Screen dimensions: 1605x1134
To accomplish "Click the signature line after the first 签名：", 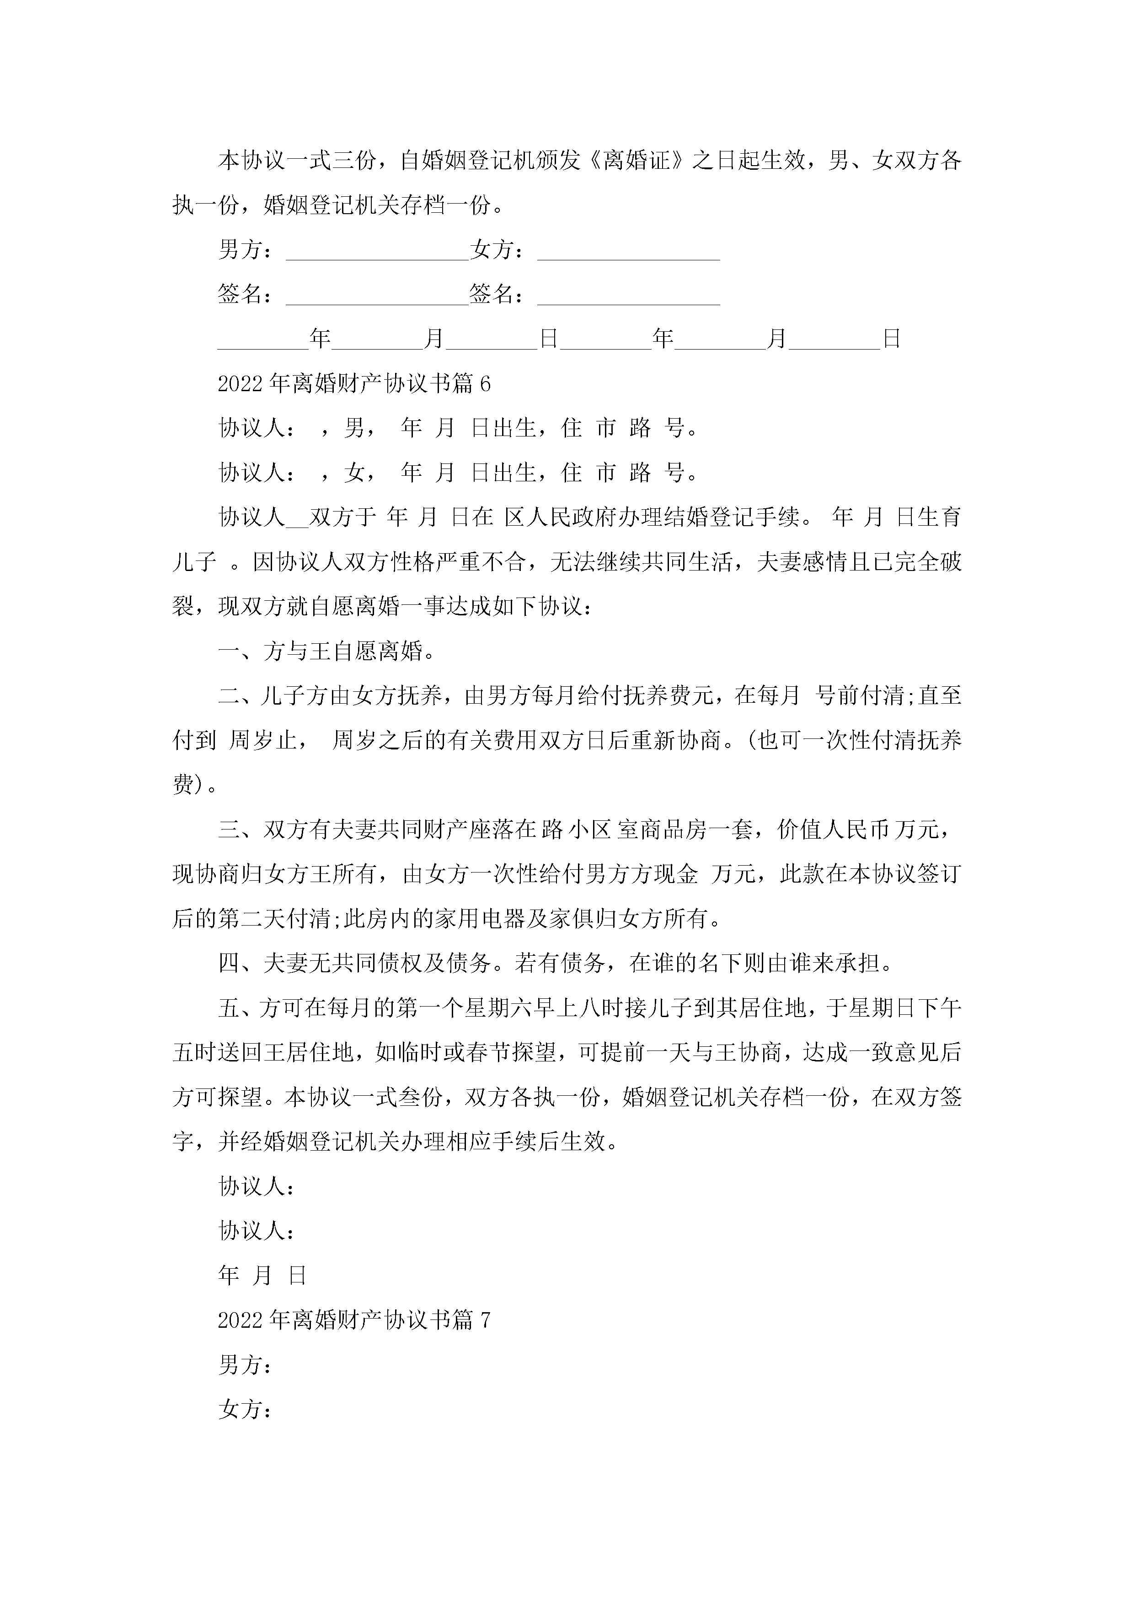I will click(x=377, y=295).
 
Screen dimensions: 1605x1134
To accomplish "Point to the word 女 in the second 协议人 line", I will click(x=353, y=473).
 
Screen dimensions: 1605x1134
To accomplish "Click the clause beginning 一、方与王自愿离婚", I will click(x=327, y=652).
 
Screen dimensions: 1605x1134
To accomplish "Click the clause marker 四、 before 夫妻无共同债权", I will click(x=240, y=963).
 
